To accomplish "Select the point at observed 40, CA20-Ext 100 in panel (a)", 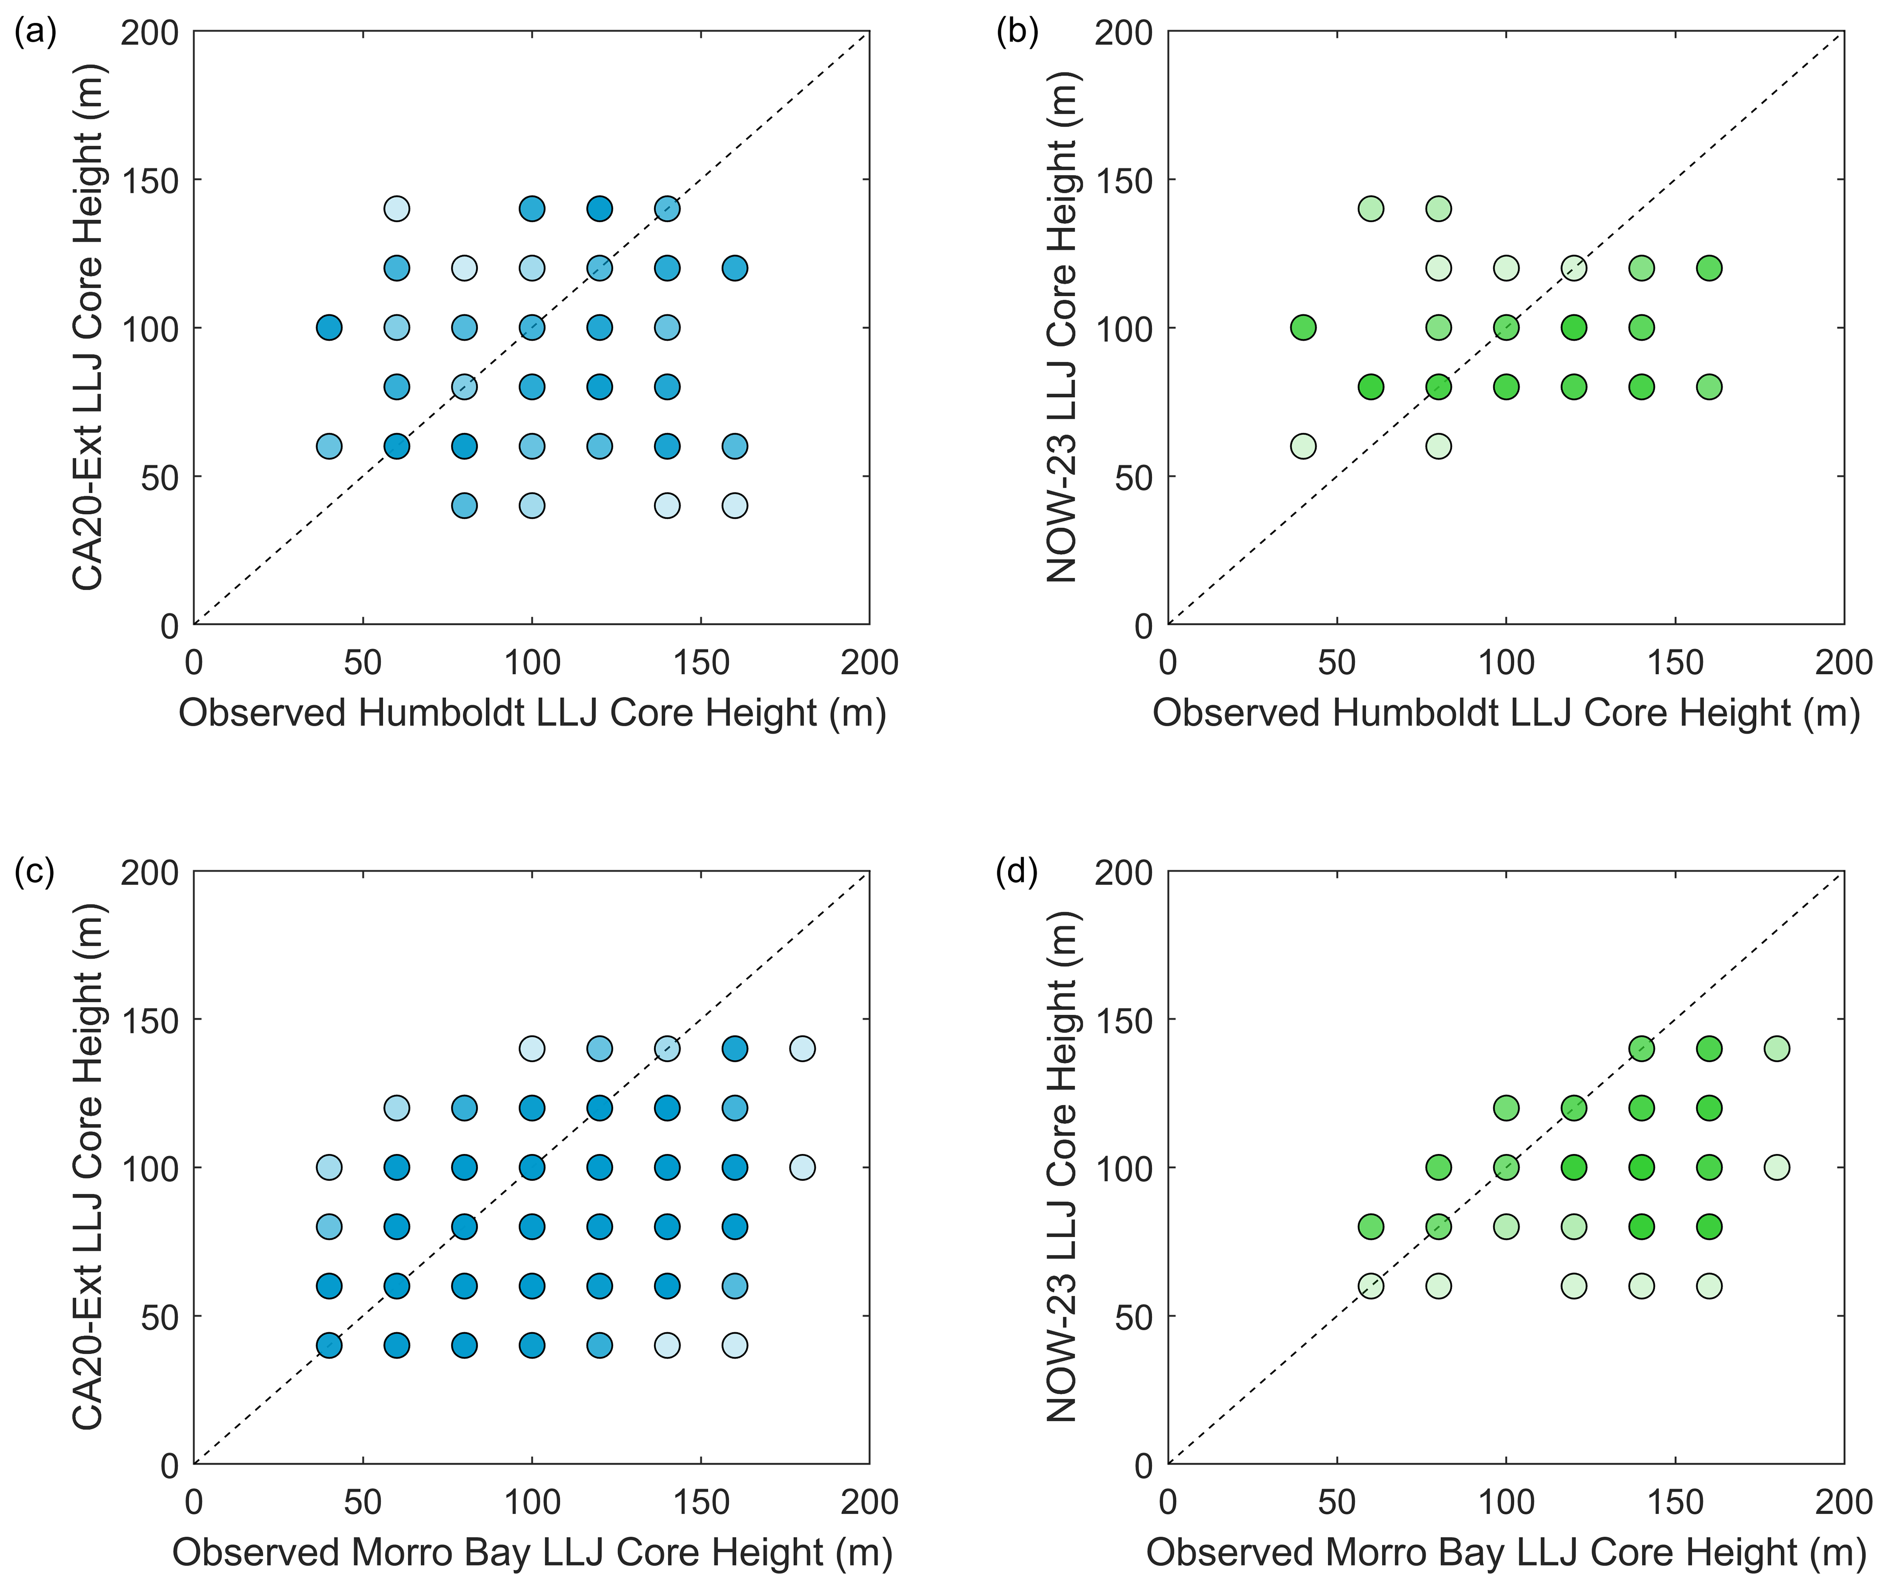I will [x=329, y=327].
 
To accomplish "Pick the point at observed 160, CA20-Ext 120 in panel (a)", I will [x=735, y=268].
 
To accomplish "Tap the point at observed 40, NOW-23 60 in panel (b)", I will [x=1303, y=446].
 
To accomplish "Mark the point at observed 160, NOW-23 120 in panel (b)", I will [x=1709, y=268].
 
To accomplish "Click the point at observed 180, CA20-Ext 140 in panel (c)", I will [x=802, y=1048].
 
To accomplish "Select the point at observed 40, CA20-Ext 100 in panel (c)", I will [x=329, y=1167].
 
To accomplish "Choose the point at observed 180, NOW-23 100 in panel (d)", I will [x=1776, y=1167].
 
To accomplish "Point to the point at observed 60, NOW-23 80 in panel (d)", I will [x=1371, y=1227].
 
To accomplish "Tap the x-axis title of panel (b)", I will [x=1506, y=713].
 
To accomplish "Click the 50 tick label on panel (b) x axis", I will [x=1337, y=662].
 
